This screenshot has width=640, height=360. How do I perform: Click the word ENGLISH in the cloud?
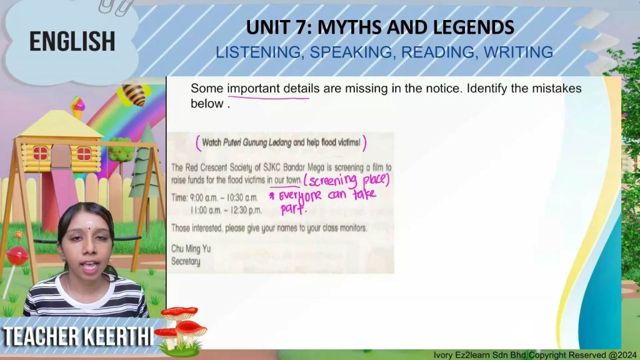click(72, 42)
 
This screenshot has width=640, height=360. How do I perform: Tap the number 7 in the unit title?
click(303, 27)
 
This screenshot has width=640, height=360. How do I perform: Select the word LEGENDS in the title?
click(473, 27)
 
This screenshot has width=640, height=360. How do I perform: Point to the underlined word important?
click(254, 89)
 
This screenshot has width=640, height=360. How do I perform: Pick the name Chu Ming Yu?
click(191, 249)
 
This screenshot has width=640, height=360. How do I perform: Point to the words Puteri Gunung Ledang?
click(257, 143)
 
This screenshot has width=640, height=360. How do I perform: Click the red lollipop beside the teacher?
click(17, 256)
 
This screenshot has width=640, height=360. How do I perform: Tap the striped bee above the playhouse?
click(133, 95)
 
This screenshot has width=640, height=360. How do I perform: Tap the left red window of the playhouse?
click(40, 154)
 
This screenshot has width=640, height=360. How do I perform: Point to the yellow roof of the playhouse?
click(61, 124)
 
